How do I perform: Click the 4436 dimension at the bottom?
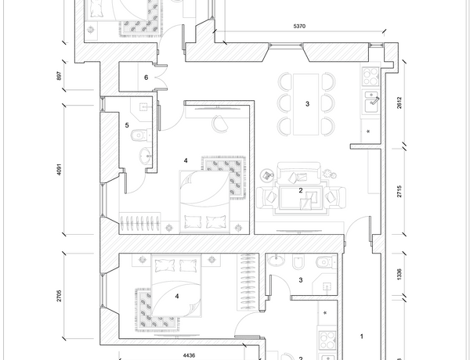click(x=190, y=355)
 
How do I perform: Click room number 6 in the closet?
click(x=146, y=77)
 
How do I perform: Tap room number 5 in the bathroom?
click(x=127, y=125)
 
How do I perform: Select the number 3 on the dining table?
click(x=308, y=104)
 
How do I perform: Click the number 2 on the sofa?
click(x=300, y=189)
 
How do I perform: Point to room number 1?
click(x=361, y=337)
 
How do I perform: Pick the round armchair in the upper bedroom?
click(x=220, y=121)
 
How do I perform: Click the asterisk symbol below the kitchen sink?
click(x=369, y=131)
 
